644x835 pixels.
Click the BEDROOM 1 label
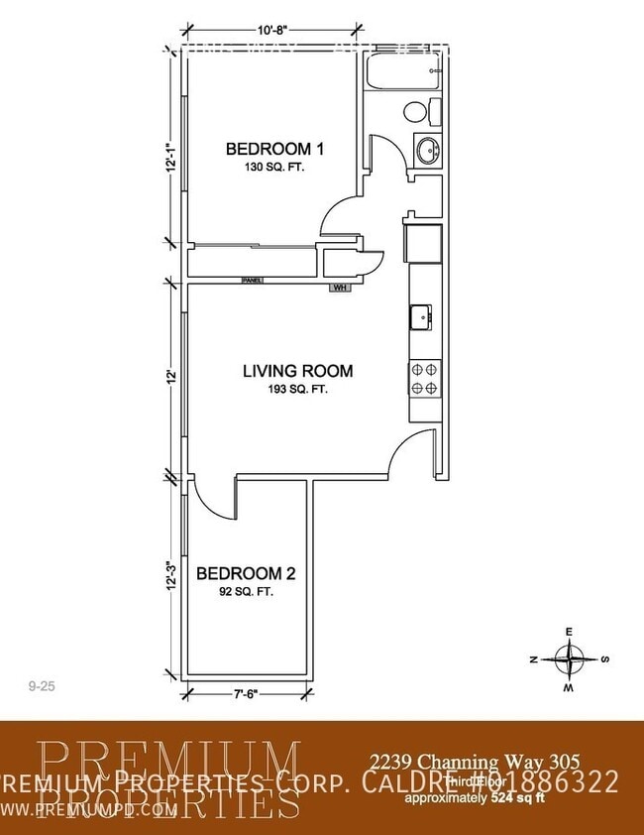pyautogui.click(x=275, y=149)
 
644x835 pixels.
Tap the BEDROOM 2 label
pyautogui.click(x=246, y=573)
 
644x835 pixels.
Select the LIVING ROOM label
pyautogui.click(x=298, y=371)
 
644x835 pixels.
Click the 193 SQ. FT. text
pyautogui.click(x=298, y=389)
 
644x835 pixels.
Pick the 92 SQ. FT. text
pyautogui.click(x=246, y=591)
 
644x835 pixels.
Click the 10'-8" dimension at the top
pyautogui.click(x=271, y=29)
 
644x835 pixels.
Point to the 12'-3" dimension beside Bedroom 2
pyautogui.click(x=173, y=577)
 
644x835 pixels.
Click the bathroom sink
pyautogui.click(x=429, y=152)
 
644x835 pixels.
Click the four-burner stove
pyautogui.click(x=424, y=378)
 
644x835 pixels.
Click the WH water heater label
pyautogui.click(x=341, y=288)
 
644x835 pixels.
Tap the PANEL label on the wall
pyautogui.click(x=252, y=281)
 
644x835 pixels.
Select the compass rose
pyautogui.click(x=570, y=657)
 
